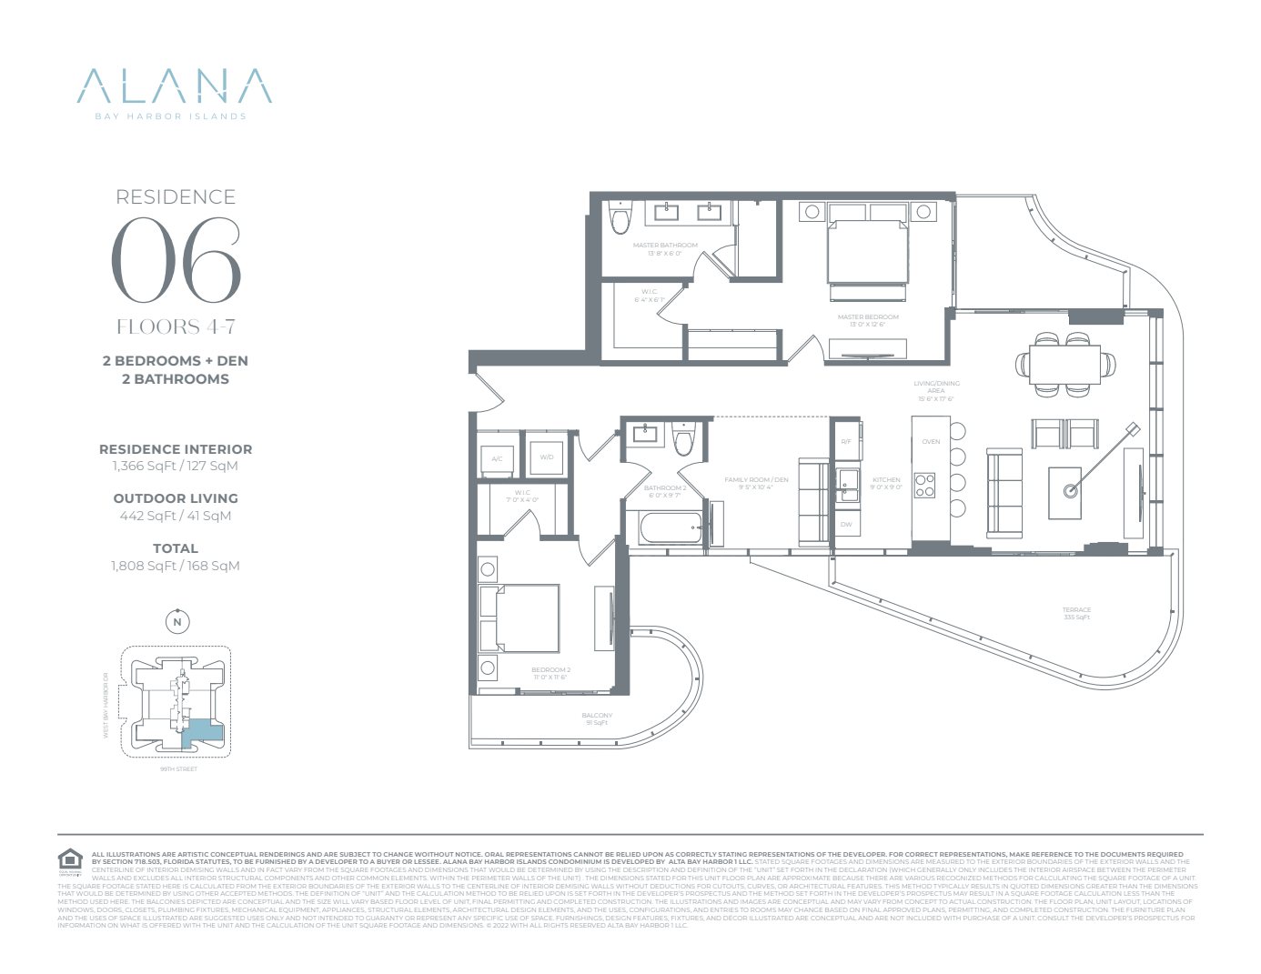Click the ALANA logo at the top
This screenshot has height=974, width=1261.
click(175, 86)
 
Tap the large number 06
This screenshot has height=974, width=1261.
click(177, 261)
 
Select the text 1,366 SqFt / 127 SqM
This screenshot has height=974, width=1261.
click(175, 466)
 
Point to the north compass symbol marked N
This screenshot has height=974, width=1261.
click(177, 622)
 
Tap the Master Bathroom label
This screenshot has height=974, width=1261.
click(665, 246)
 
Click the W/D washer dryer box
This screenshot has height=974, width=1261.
click(547, 457)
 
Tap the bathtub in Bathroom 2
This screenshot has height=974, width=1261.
click(671, 527)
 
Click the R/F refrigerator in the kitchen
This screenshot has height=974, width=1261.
click(846, 441)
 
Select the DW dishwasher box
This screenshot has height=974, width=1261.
click(846, 524)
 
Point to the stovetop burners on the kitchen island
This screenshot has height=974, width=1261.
click(924, 485)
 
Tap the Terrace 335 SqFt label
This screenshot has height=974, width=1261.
click(1076, 613)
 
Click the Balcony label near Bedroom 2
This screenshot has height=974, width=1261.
click(597, 718)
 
